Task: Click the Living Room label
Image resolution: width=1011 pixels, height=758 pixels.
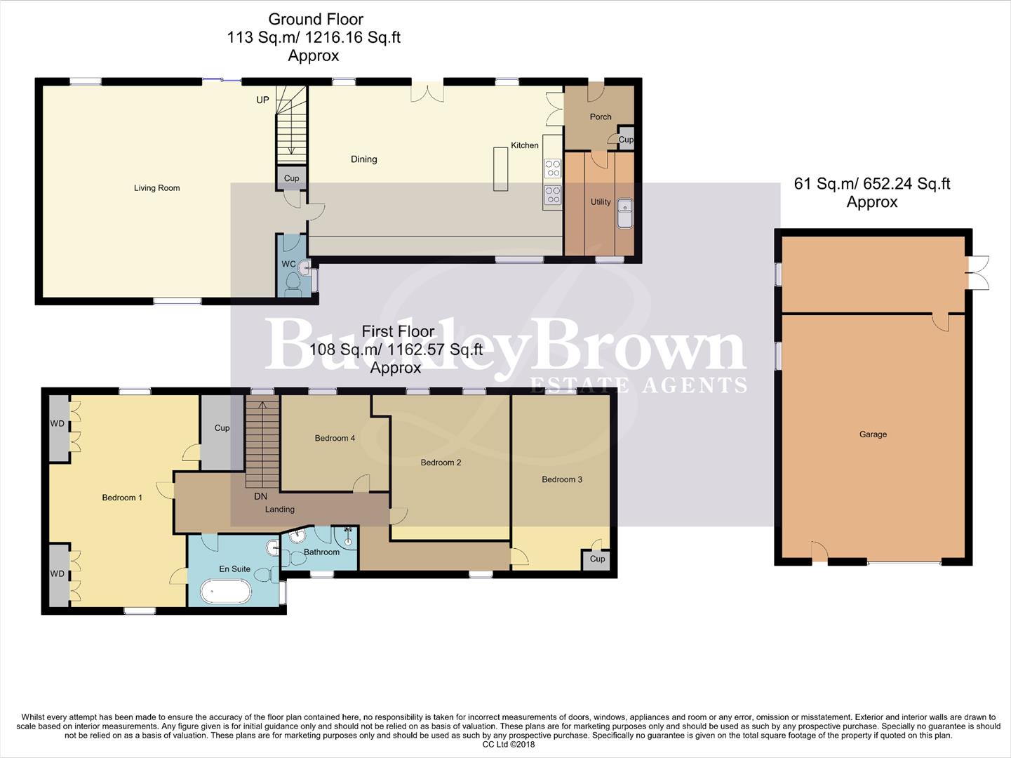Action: click(x=156, y=188)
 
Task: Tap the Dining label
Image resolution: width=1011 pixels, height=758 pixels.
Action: click(x=363, y=159)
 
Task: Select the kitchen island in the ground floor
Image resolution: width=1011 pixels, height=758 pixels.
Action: click(x=500, y=168)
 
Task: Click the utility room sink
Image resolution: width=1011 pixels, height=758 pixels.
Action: click(x=624, y=213)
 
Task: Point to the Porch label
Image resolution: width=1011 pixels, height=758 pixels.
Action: click(x=600, y=117)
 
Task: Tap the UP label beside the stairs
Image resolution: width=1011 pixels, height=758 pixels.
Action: click(x=262, y=100)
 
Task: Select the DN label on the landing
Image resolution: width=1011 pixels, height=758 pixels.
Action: click(x=260, y=496)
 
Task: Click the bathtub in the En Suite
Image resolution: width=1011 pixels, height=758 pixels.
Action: click(x=226, y=592)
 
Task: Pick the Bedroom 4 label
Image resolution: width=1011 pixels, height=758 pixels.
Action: click(x=335, y=438)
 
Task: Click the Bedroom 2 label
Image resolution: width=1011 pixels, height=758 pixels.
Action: click(x=441, y=463)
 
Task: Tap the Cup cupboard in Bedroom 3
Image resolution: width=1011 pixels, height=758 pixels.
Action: click(x=596, y=559)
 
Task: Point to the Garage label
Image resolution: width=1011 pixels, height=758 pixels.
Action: click(x=873, y=434)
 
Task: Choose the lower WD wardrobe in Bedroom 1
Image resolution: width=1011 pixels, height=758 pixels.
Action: click(x=58, y=574)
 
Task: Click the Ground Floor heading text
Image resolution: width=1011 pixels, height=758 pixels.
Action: click(x=316, y=20)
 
